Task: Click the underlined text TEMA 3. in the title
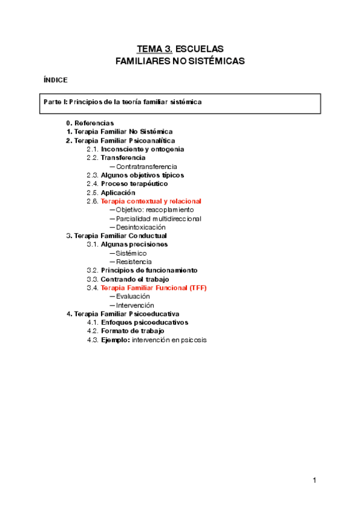coord(154,49)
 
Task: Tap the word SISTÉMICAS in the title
coord(214,61)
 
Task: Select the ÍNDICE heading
coord(56,80)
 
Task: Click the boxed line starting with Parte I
coord(123,102)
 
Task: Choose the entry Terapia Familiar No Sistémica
coord(123,132)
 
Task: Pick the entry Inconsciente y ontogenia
coord(142,149)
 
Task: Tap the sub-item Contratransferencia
coord(147,167)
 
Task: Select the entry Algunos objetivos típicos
coord(142,175)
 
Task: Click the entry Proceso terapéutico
coord(134,183)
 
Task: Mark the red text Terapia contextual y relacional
coord(151,201)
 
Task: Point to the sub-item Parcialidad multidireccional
coord(159,218)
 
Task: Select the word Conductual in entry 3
coord(148,236)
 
